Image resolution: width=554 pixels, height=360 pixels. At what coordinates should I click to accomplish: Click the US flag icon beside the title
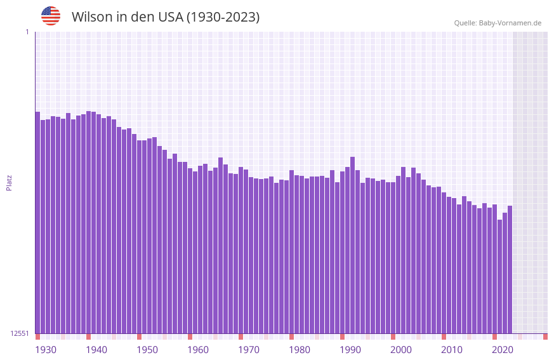tap(51, 16)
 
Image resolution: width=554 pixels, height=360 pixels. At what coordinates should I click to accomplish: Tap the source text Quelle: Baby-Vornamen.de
tap(498, 23)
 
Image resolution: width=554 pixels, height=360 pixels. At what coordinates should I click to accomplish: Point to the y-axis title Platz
tap(9, 182)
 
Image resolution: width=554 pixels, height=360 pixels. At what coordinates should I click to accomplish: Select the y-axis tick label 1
tap(27, 32)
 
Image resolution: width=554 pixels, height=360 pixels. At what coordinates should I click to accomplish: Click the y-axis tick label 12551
tap(20, 333)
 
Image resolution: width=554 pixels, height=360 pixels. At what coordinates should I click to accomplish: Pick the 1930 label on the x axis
tap(46, 350)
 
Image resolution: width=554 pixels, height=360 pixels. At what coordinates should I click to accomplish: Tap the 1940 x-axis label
tap(96, 350)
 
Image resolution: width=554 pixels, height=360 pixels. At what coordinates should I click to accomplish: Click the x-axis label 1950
tap(147, 350)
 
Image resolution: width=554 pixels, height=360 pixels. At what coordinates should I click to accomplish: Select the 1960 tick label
tap(198, 350)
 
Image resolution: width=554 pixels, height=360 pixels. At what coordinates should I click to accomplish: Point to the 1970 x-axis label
tap(249, 350)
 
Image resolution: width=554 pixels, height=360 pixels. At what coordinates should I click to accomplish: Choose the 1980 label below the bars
tap(300, 350)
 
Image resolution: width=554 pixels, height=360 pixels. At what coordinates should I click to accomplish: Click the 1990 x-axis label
tap(350, 350)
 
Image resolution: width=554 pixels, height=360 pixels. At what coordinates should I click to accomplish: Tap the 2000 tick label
tap(401, 350)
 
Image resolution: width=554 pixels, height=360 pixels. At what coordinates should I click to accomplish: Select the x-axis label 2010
tap(452, 350)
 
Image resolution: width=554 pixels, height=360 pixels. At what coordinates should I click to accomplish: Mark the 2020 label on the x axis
tap(503, 350)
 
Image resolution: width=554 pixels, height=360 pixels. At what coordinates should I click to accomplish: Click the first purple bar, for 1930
tap(37, 222)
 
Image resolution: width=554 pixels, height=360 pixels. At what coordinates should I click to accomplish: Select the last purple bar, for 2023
tap(510, 269)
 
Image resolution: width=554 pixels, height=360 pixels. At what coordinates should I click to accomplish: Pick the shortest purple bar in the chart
tap(499, 276)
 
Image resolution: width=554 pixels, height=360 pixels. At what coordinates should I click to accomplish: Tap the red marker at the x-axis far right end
tap(545, 337)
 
